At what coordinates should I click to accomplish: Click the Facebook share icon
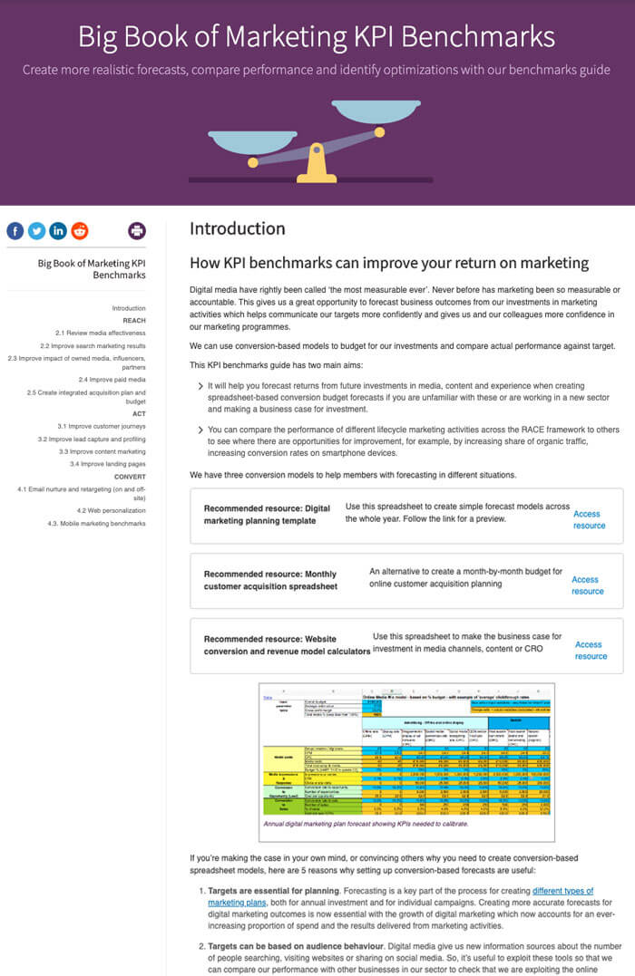15,230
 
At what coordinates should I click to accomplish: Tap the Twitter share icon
36,230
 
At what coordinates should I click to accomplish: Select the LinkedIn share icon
58,230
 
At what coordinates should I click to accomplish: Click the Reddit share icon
80,230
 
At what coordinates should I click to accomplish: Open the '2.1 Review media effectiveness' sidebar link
100,333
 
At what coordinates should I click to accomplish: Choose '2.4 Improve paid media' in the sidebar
112,380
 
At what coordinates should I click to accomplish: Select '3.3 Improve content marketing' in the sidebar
102,451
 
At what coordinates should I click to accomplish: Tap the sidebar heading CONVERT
130,476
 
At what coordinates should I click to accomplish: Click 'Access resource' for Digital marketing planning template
589,519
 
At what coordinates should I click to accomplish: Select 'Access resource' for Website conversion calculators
591,651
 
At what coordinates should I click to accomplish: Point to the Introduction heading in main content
238,229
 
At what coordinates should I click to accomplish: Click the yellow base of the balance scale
316,169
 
